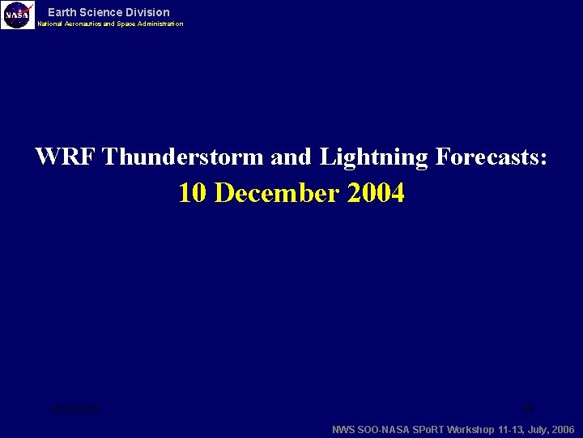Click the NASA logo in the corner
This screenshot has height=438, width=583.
point(18,15)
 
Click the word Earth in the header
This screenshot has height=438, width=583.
point(62,12)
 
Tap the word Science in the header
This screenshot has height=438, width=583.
point(103,12)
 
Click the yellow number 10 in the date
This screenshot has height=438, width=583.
point(194,193)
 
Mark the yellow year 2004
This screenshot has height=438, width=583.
point(377,193)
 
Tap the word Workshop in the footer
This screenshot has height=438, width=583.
point(471,429)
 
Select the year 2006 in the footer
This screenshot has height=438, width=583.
point(562,429)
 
